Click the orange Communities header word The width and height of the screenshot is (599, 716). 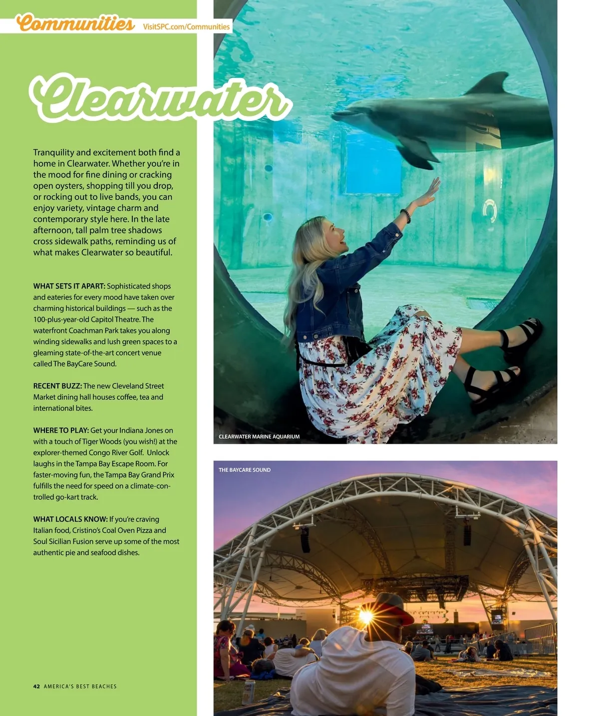pyautogui.click(x=75, y=23)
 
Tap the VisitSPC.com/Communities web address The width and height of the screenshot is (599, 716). pyautogui.click(x=186, y=26)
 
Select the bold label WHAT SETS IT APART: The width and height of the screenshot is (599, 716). pyautogui.click(x=69, y=286)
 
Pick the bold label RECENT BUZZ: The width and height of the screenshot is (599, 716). pyautogui.click(x=57, y=386)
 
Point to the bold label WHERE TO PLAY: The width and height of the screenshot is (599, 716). pyautogui.click(x=61, y=431)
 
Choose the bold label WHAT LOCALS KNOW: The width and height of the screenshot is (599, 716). pyautogui.click(x=70, y=520)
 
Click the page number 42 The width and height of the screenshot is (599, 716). pyautogui.click(x=36, y=687)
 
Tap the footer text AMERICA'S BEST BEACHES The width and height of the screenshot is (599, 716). pyautogui.click(x=80, y=687)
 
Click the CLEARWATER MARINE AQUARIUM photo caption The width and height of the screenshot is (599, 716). pyautogui.click(x=259, y=437)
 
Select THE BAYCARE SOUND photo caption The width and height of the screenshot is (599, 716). pyautogui.click(x=245, y=470)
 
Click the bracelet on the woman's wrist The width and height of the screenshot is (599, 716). pyautogui.click(x=405, y=215)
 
